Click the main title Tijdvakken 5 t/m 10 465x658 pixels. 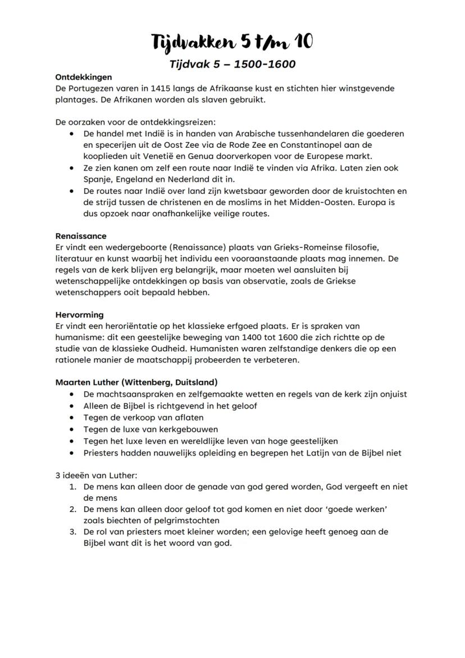[233, 42]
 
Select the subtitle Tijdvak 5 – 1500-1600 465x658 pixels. [233, 64]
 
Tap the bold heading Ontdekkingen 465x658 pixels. [84, 77]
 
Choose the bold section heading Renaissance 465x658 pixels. [81, 236]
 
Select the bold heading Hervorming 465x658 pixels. [79, 315]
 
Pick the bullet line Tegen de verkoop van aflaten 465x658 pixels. [143, 418]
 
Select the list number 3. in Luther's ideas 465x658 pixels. [73, 532]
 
